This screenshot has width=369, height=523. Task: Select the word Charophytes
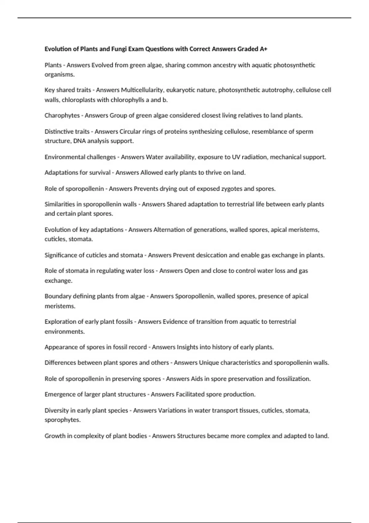[62, 116]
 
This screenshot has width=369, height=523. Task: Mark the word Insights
[187, 347]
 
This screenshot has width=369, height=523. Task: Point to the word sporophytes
[62, 420]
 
